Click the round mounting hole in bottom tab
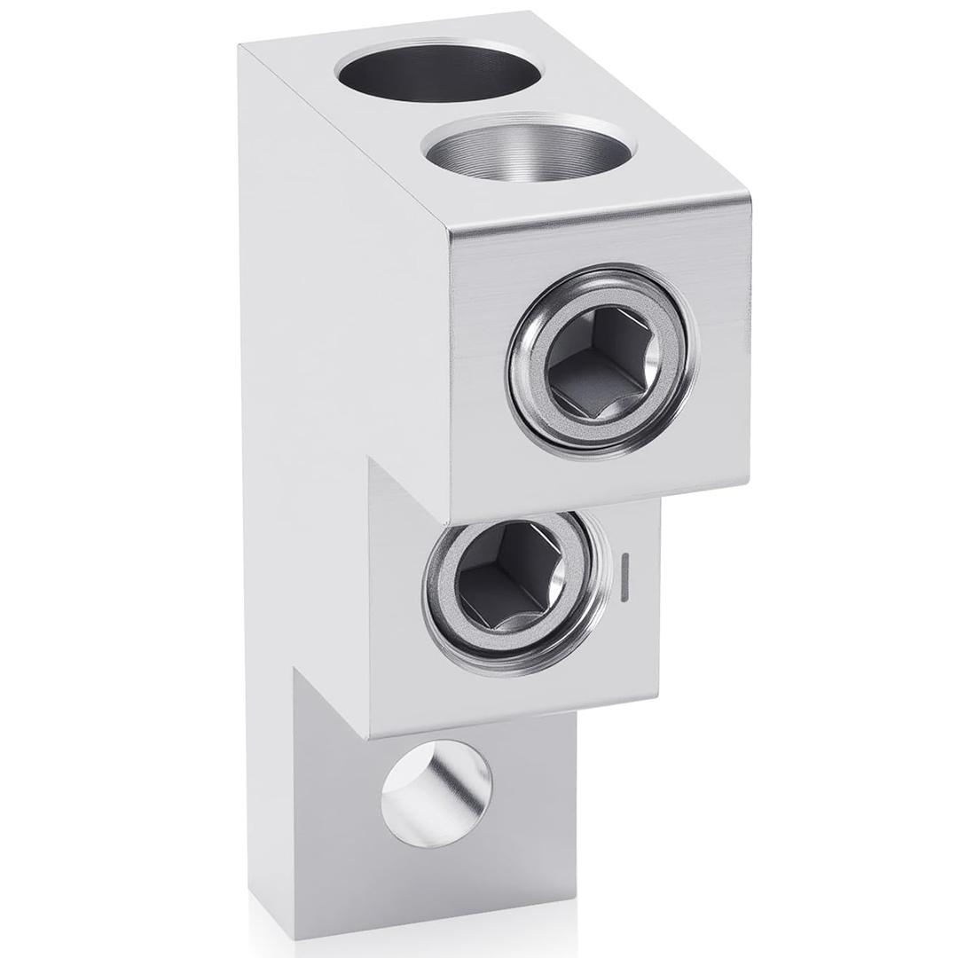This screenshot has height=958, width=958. pos(436,781)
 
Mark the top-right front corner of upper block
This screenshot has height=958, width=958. pos(745,197)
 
